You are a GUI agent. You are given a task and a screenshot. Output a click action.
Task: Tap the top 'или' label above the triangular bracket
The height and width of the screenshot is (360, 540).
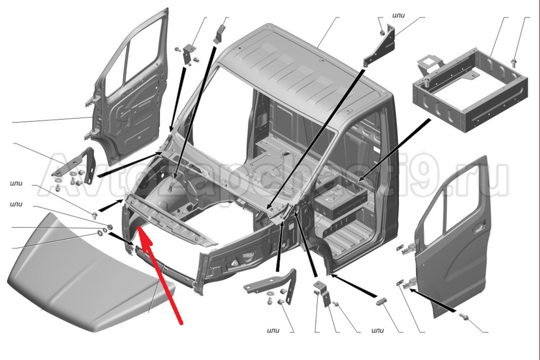point(398,15)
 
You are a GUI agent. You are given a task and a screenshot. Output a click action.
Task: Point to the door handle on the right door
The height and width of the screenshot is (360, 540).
point(480,227)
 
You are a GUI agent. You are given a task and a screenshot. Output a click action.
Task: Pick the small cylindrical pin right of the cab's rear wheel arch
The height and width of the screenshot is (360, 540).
point(381,302)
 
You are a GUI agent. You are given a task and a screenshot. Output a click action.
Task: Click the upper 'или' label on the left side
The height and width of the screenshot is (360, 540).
point(16,183)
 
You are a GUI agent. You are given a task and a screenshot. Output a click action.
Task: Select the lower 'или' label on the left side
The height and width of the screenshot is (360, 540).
point(16,204)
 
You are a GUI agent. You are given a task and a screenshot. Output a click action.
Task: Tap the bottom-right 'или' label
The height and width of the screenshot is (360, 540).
point(378,330)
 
